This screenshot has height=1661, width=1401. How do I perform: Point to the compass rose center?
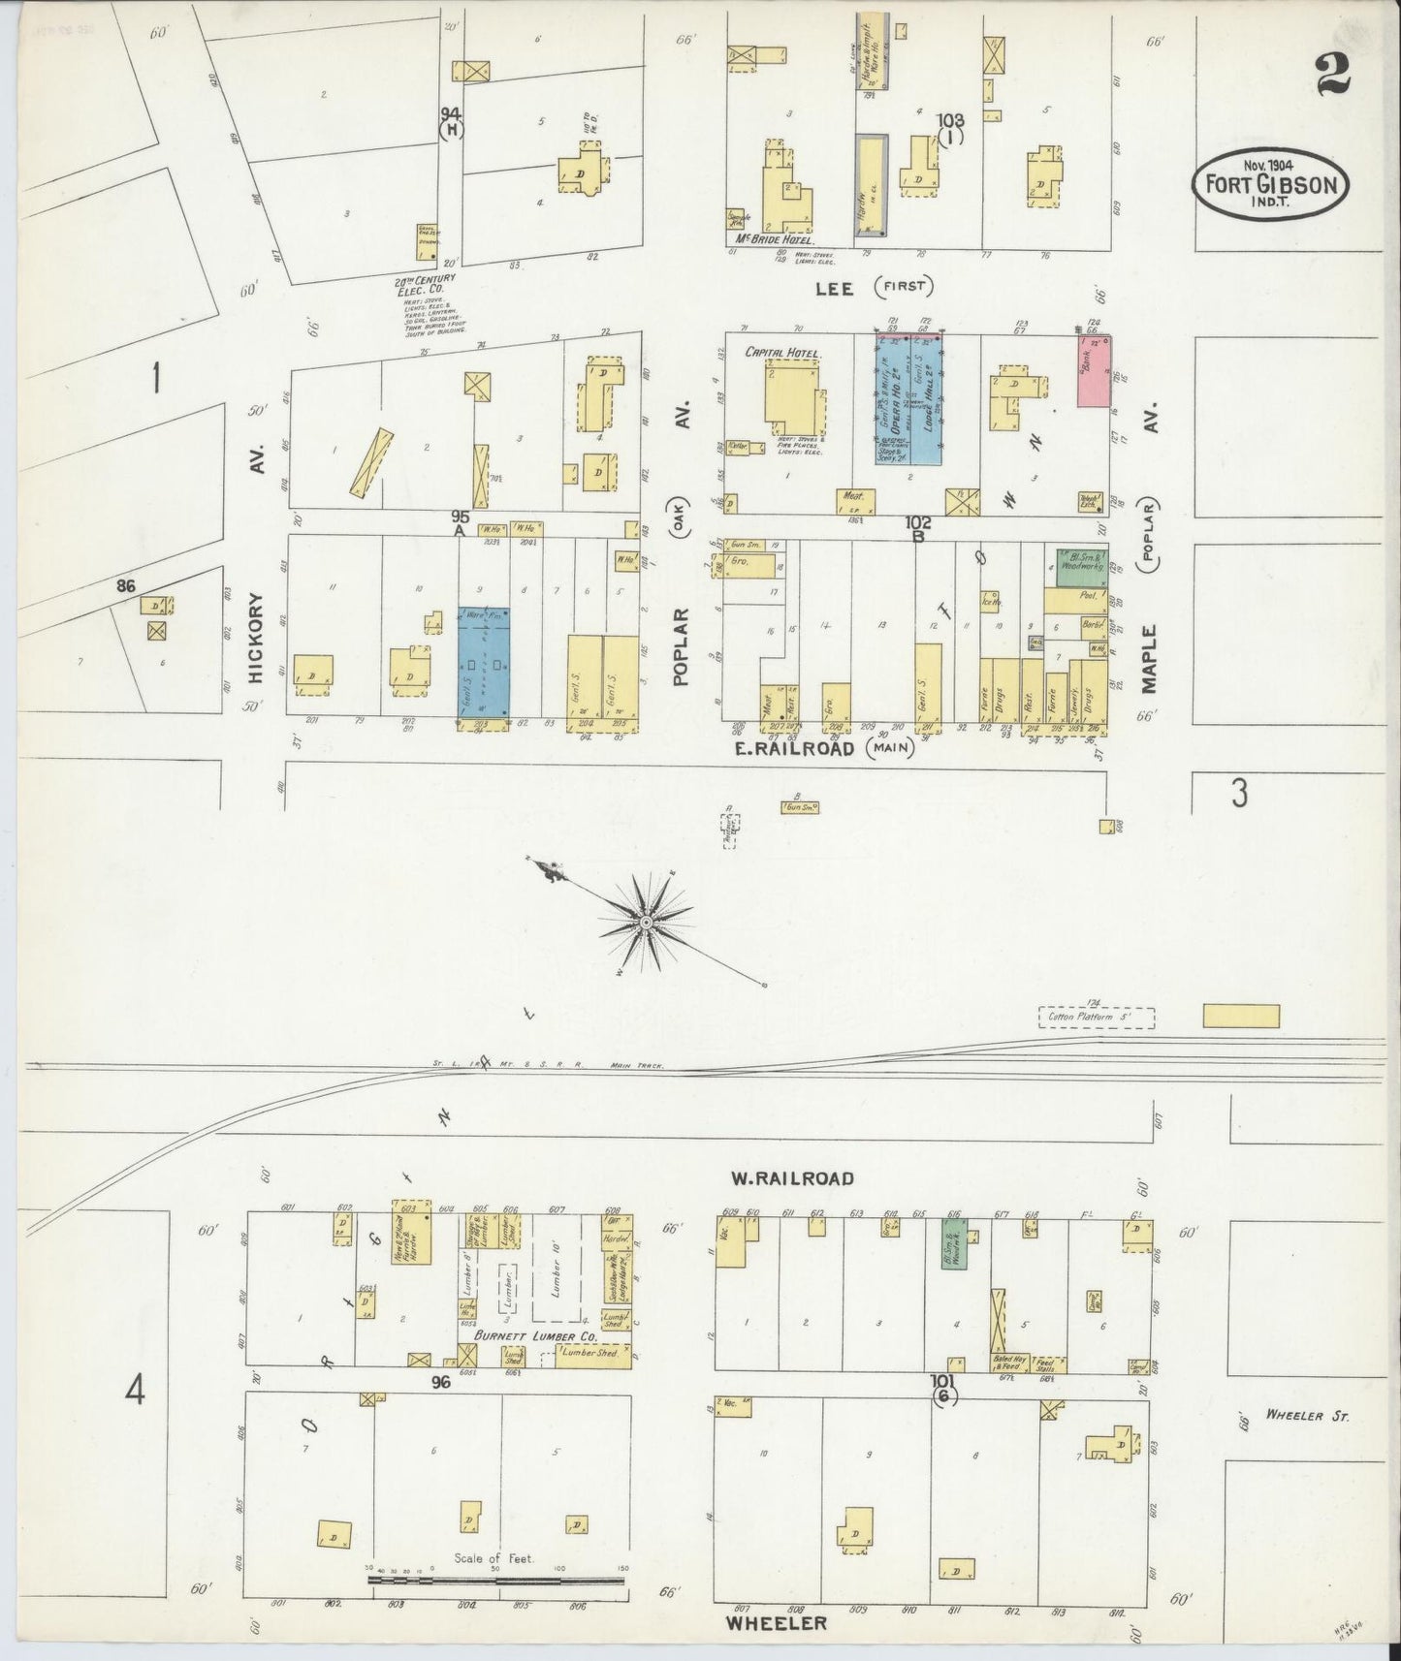coord(644,922)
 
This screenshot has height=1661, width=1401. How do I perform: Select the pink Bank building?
coord(1095,371)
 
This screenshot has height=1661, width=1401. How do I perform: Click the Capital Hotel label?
coord(781,353)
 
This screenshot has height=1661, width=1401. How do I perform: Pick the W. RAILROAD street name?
coord(792,1178)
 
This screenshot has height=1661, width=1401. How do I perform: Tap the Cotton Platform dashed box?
coord(1097,1018)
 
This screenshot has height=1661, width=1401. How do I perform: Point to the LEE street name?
coord(834,288)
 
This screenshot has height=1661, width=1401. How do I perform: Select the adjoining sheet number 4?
coord(135,1392)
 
